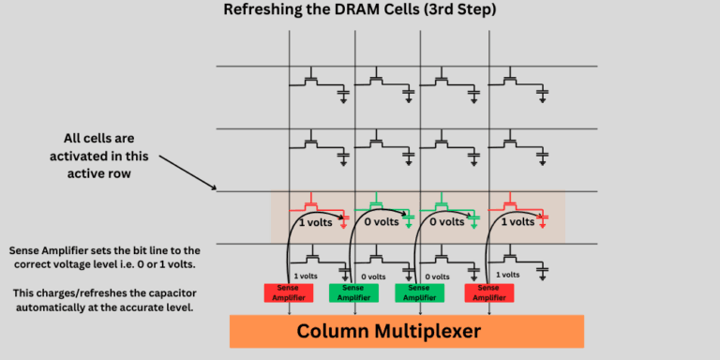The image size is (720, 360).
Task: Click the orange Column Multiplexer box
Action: (x=406, y=331)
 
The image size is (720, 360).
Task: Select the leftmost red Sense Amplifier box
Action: (x=290, y=292)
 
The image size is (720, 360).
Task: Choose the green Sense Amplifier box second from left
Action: (x=354, y=292)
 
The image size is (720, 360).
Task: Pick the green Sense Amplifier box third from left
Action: (x=419, y=292)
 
